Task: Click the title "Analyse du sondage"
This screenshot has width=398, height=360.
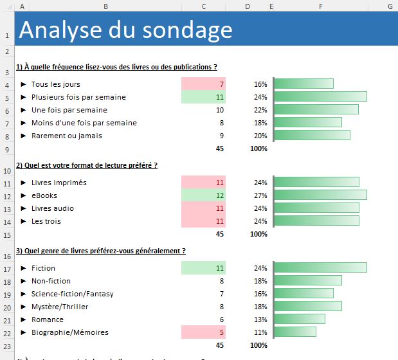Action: [126, 30]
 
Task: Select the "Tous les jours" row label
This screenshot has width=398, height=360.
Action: [55, 84]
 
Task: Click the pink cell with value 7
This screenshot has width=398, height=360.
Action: [203, 84]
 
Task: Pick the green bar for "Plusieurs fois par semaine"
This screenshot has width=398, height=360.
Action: [320, 97]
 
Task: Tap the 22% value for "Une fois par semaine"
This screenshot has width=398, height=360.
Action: [260, 110]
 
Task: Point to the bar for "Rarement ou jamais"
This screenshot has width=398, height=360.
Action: [312, 136]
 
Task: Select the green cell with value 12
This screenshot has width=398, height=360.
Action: [203, 195]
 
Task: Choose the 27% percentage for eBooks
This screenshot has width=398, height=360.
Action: [260, 195]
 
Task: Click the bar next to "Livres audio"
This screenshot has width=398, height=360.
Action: [316, 208]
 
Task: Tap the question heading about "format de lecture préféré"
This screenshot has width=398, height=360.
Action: [87, 165]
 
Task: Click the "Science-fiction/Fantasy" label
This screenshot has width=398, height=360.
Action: [72, 294]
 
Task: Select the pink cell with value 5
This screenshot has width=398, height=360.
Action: [203, 332]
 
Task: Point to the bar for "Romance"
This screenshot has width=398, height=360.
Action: [299, 319]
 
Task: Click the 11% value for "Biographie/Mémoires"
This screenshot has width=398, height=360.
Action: [260, 332]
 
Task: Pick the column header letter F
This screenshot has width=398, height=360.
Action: [320, 6]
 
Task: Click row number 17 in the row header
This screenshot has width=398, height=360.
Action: [6, 268]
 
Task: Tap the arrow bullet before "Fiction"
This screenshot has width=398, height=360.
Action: [23, 268]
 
